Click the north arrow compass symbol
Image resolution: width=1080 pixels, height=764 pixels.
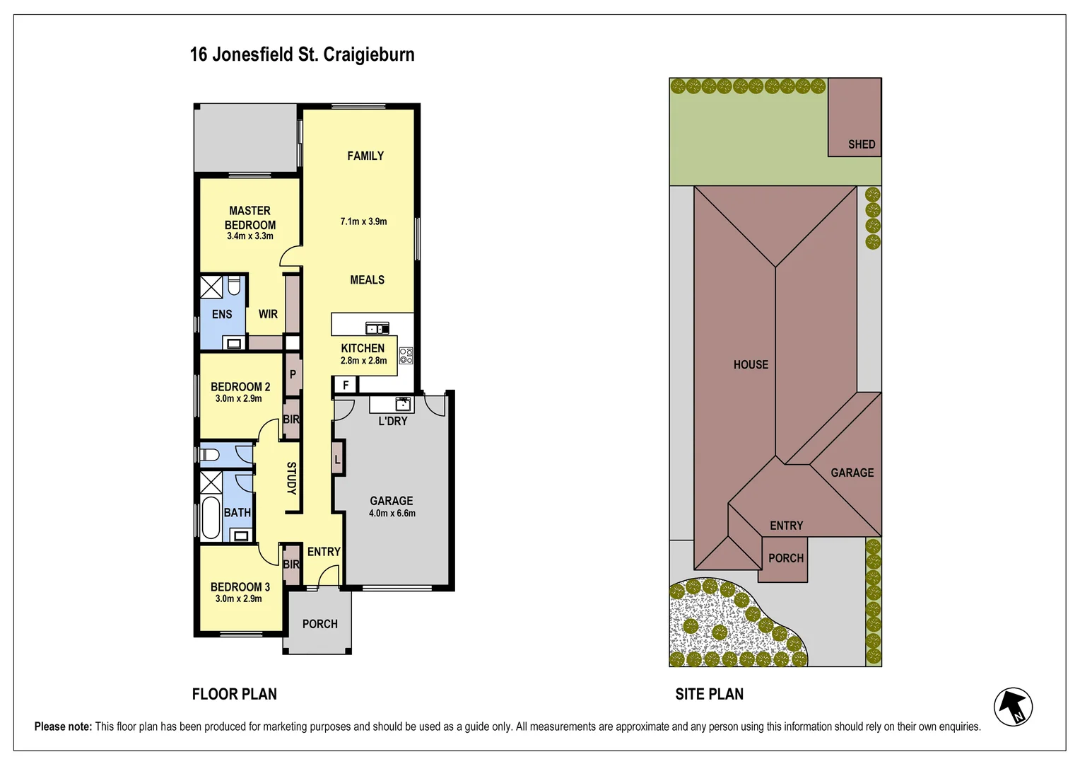[1013, 707]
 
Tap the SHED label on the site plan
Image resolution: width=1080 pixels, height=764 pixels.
[861, 144]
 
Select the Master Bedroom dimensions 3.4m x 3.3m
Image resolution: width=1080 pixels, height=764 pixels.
[250, 236]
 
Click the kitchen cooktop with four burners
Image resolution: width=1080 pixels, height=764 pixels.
[406, 355]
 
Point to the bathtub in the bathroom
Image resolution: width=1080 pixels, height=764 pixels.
[211, 517]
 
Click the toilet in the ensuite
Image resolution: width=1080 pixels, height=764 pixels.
[234, 286]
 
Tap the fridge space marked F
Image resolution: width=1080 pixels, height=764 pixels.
[346, 385]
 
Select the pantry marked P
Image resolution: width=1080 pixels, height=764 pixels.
[293, 374]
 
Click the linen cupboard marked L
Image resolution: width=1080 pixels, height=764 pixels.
[338, 460]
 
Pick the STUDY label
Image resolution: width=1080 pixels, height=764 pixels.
[290, 477]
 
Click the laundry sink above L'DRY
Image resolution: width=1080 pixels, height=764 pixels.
[402, 404]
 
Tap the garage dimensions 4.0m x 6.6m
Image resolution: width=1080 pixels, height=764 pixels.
[392, 514]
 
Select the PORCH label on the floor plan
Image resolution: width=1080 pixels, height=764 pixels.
[319, 624]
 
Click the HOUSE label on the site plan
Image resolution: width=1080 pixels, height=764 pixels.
[750, 364]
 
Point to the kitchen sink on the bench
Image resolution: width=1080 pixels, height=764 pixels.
[377, 328]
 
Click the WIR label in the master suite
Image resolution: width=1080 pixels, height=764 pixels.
[268, 314]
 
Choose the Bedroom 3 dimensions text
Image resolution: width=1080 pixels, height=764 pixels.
[238, 598]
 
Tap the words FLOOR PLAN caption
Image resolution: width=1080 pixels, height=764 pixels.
[234, 694]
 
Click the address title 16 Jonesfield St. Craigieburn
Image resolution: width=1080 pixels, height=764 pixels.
[302, 54]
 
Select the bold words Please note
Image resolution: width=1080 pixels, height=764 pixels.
[63, 727]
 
